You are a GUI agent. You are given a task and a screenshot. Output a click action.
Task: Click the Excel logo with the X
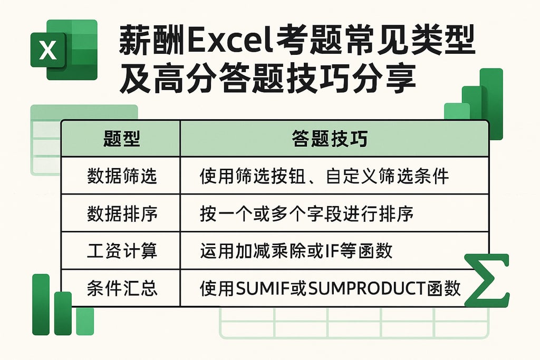[63, 50]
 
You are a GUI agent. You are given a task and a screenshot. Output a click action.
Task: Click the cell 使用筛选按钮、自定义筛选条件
[324, 176]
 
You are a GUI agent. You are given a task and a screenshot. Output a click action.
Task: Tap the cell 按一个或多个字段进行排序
[306, 213]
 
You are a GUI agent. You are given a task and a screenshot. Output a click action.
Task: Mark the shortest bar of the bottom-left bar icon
[85, 321]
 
